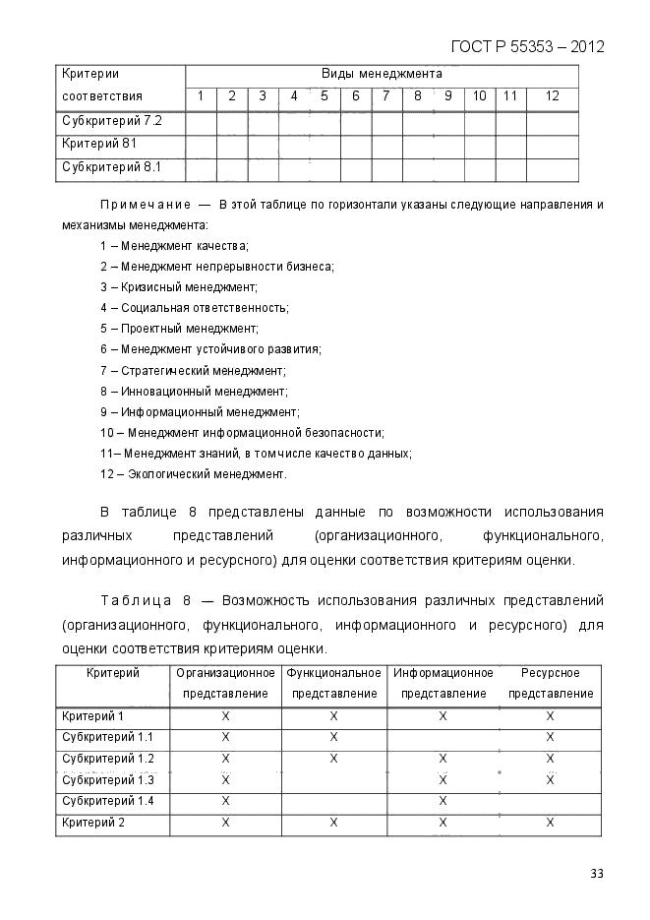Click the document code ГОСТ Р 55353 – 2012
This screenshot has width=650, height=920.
click(526, 46)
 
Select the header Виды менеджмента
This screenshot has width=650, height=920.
click(382, 74)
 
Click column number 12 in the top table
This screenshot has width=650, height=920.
click(552, 96)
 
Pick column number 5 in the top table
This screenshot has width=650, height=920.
click(325, 96)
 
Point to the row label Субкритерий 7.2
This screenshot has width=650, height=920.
click(111, 121)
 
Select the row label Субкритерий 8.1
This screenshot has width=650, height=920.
click(111, 168)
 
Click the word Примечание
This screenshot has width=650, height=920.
click(145, 205)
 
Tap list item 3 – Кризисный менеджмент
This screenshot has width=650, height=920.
click(178, 286)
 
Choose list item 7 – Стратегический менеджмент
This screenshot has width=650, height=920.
click(193, 370)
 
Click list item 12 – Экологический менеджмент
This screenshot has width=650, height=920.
click(194, 474)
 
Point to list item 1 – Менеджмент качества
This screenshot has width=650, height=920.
click(174, 245)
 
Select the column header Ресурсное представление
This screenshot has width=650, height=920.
click(550, 683)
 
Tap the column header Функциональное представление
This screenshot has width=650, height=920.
click(334, 683)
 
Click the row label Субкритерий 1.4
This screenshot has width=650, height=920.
click(108, 801)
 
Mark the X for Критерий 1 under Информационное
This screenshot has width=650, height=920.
click(443, 715)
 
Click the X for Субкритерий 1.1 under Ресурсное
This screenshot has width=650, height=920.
click(550, 737)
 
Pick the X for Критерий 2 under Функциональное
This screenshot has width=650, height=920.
click(334, 822)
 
